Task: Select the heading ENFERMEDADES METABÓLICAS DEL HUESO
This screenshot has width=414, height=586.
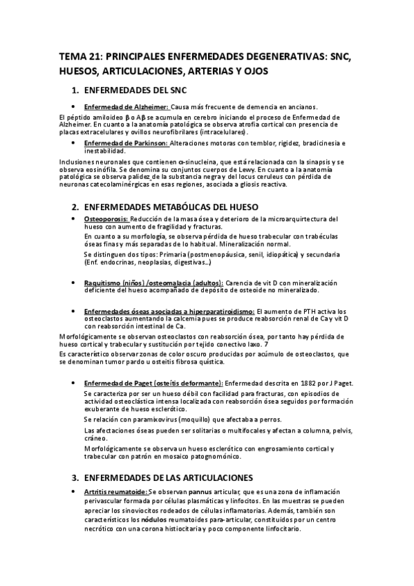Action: coord(170,207)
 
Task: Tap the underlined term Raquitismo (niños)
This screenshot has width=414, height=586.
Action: coord(111,283)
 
